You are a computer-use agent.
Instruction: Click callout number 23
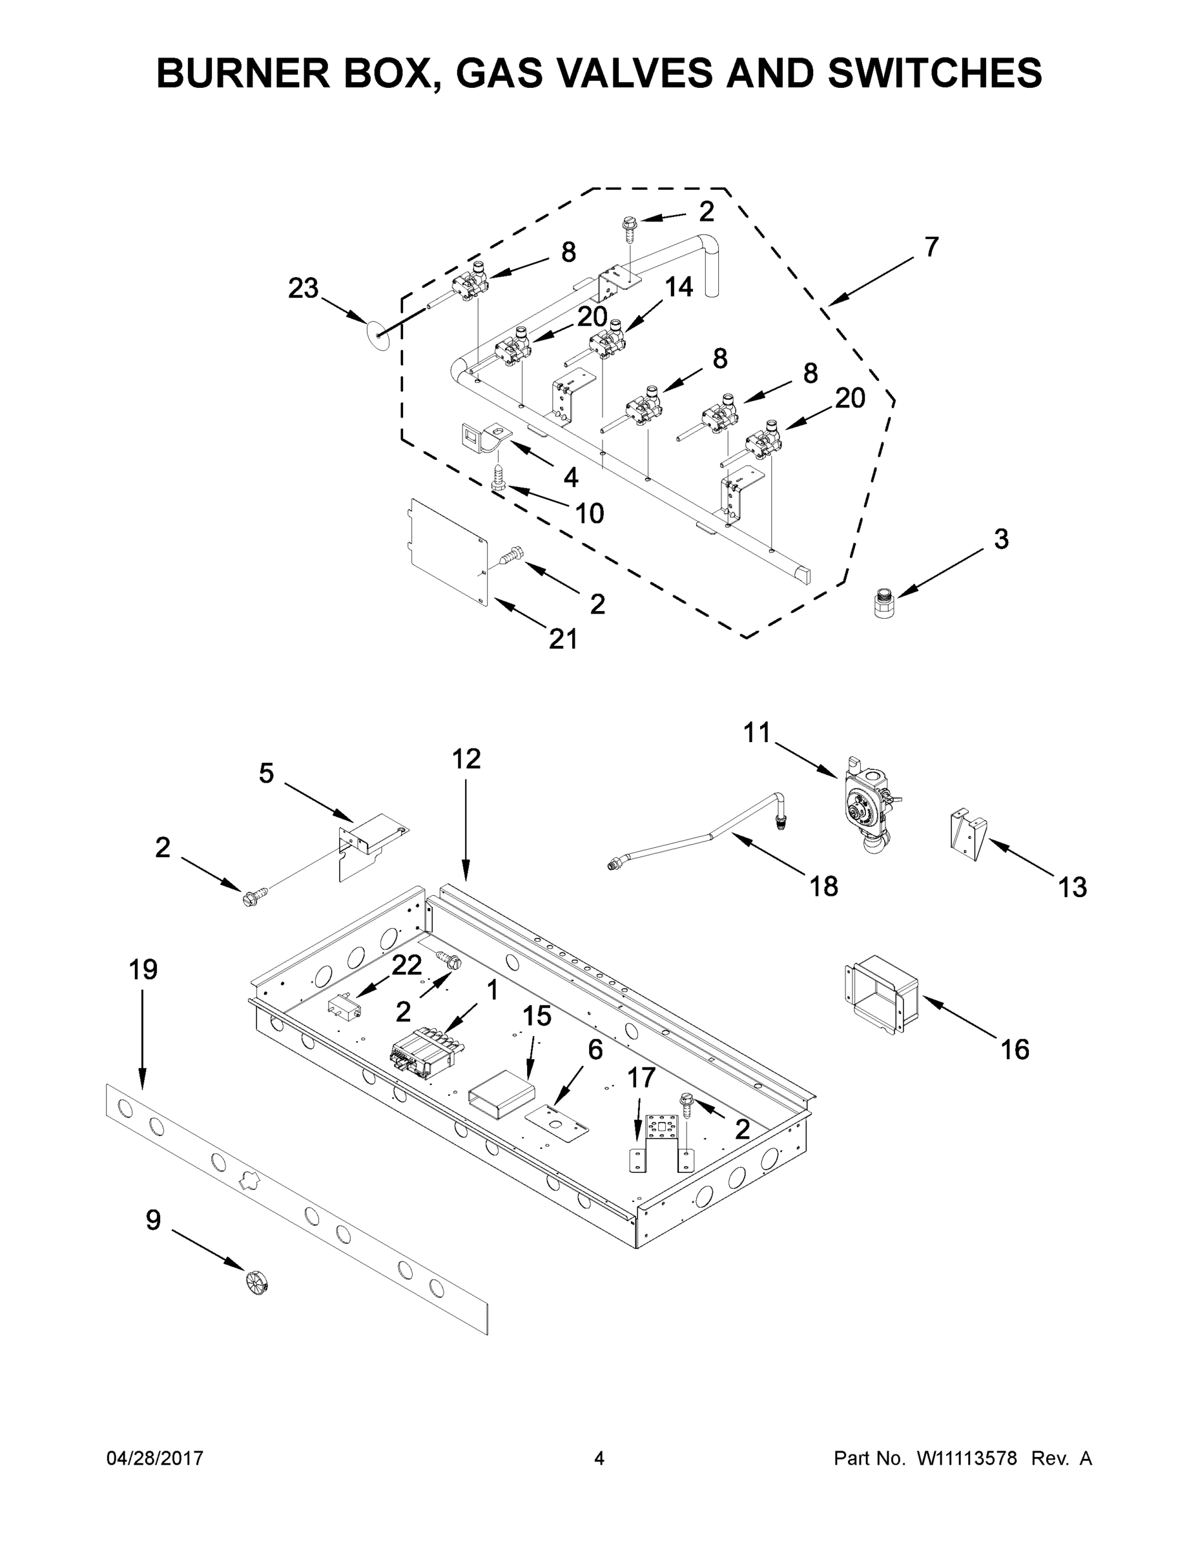tap(303, 289)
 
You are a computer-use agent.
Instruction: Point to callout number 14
tap(679, 287)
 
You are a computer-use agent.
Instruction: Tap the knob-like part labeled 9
tap(256, 1282)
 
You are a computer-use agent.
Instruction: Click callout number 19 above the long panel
tap(143, 969)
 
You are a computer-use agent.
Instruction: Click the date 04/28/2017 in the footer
tap(155, 1458)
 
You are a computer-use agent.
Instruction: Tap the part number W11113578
tap(967, 1458)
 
